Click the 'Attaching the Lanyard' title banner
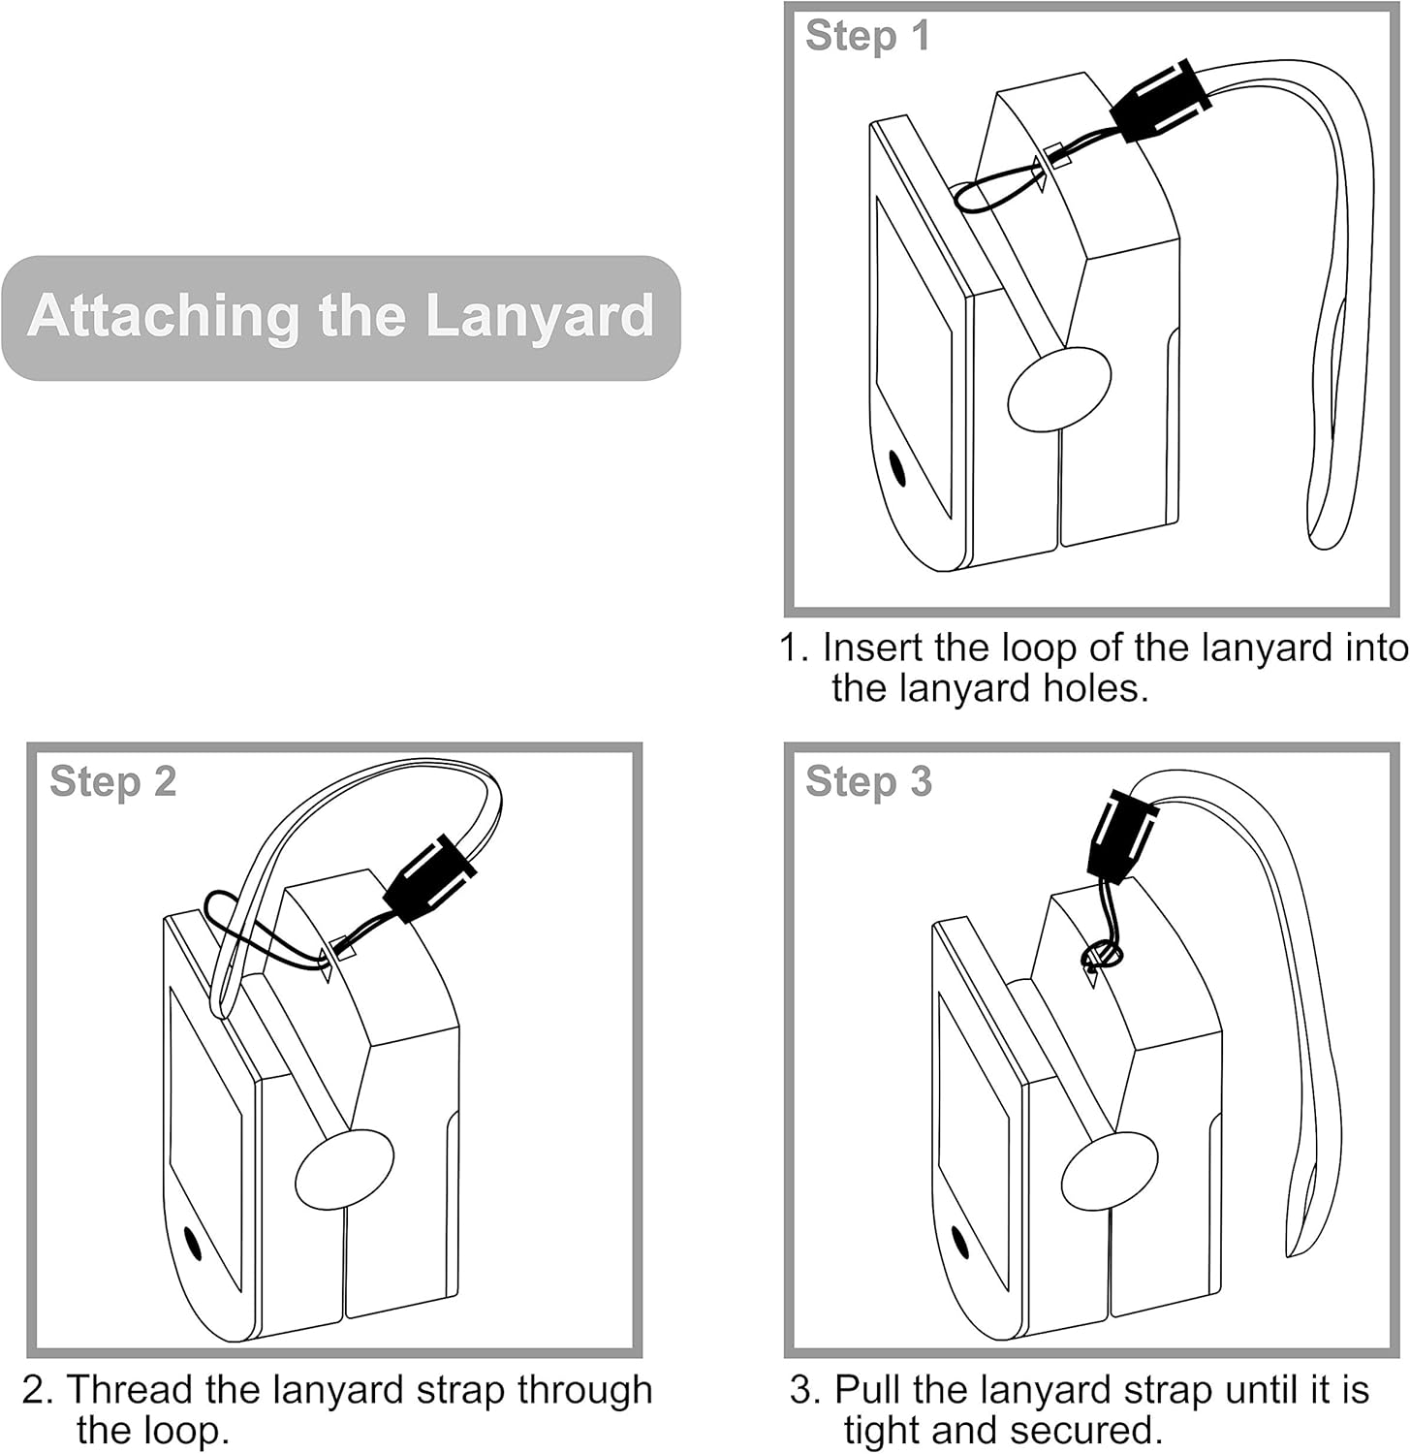(x=340, y=317)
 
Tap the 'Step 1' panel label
(x=866, y=36)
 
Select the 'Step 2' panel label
(x=112, y=781)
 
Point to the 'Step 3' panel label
(x=867, y=781)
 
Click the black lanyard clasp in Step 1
(x=1162, y=101)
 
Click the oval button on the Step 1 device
(x=1058, y=389)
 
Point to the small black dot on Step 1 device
(x=897, y=468)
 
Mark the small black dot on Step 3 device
(x=960, y=1243)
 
